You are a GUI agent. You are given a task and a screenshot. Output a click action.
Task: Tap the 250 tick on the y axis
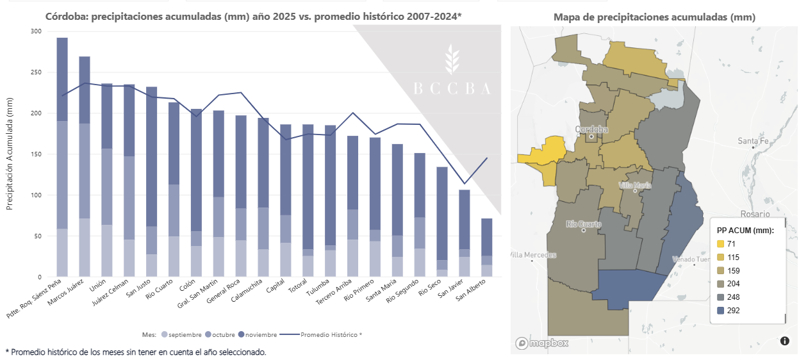coord(35,72)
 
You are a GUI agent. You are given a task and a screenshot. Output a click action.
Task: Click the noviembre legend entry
coord(258,334)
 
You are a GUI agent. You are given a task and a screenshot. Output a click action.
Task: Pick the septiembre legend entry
coord(181,334)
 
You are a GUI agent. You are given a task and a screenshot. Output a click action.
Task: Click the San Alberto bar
coord(487,247)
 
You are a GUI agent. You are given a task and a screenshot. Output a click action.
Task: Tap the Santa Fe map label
coord(753,141)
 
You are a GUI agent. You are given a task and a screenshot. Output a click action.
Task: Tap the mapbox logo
coord(541,343)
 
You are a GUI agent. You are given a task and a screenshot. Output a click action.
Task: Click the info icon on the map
coord(785,341)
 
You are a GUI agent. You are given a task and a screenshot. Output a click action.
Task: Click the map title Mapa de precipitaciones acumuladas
coord(654,17)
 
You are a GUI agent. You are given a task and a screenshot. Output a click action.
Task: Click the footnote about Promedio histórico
coord(135,352)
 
